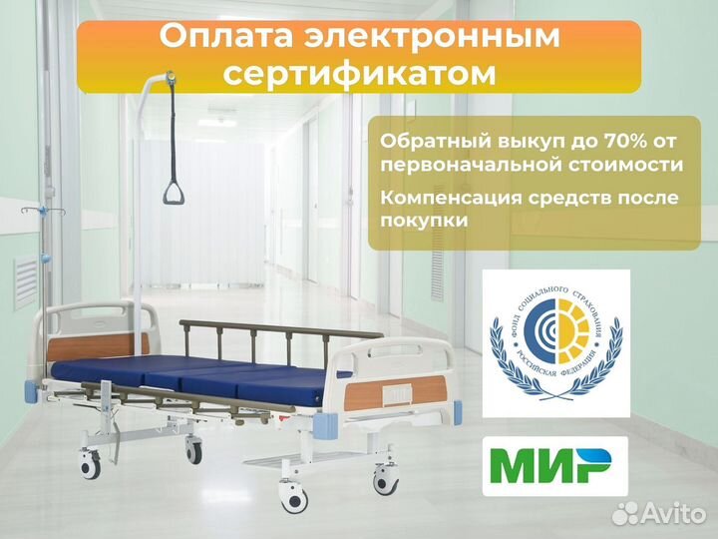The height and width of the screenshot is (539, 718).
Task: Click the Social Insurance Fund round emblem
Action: pyautogui.click(x=556, y=341)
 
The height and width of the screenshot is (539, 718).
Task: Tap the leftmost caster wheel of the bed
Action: pyautogui.click(x=90, y=462)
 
